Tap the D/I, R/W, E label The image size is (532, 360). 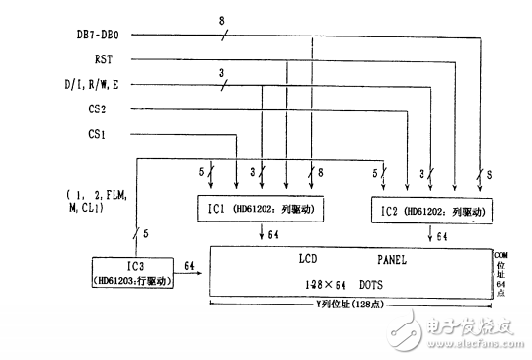[x=116, y=86]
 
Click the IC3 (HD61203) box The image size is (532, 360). [x=131, y=273]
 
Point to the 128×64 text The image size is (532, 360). [x=322, y=285]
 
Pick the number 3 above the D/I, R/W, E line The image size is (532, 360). [x=220, y=72]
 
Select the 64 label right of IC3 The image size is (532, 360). [x=189, y=265]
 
